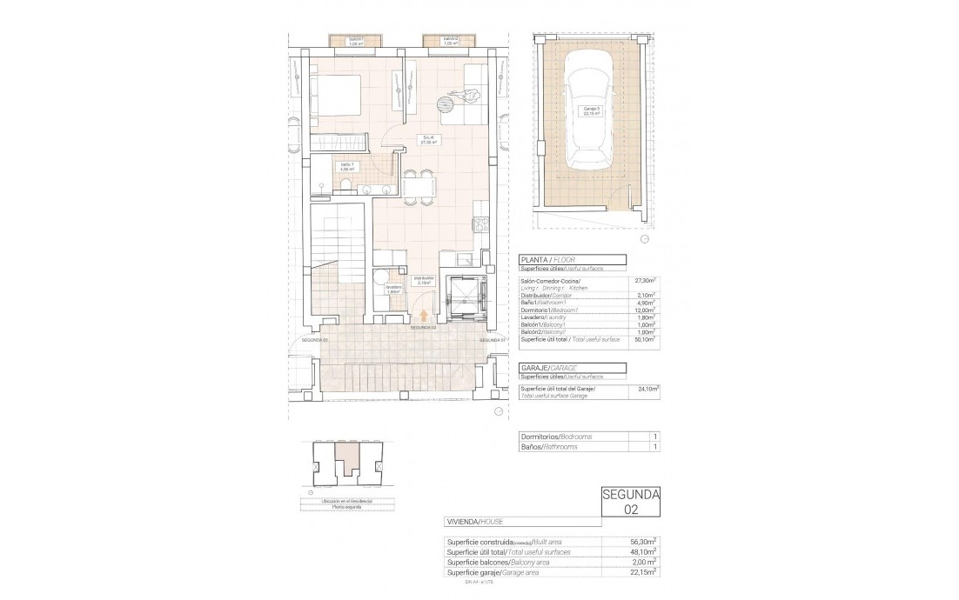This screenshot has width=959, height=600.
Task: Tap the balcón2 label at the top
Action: tap(450, 40)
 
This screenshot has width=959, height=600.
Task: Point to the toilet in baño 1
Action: tap(345, 184)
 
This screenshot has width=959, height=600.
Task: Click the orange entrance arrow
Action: tap(424, 317)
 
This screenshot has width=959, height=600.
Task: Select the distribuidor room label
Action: tap(425, 280)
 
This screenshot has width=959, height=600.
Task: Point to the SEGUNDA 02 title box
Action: tap(631, 503)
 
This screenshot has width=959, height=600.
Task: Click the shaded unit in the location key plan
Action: tap(347, 455)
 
